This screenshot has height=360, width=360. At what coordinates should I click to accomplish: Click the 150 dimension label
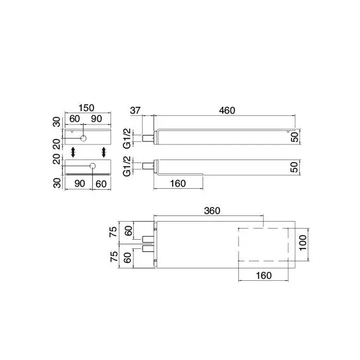(86, 107)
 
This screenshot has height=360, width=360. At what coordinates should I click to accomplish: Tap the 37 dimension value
(135, 111)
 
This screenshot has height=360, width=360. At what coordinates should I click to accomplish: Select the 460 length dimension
(227, 111)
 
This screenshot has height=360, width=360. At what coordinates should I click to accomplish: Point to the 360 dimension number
(212, 210)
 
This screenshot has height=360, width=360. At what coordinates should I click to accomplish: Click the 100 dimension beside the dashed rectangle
(303, 243)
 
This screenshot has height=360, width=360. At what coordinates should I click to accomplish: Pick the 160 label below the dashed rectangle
(263, 275)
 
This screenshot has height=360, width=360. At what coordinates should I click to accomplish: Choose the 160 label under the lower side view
(178, 184)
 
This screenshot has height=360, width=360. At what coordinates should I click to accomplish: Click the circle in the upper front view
(83, 138)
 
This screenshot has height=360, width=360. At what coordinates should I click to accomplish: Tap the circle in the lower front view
(93, 166)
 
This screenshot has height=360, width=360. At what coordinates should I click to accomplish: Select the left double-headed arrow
(73, 152)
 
